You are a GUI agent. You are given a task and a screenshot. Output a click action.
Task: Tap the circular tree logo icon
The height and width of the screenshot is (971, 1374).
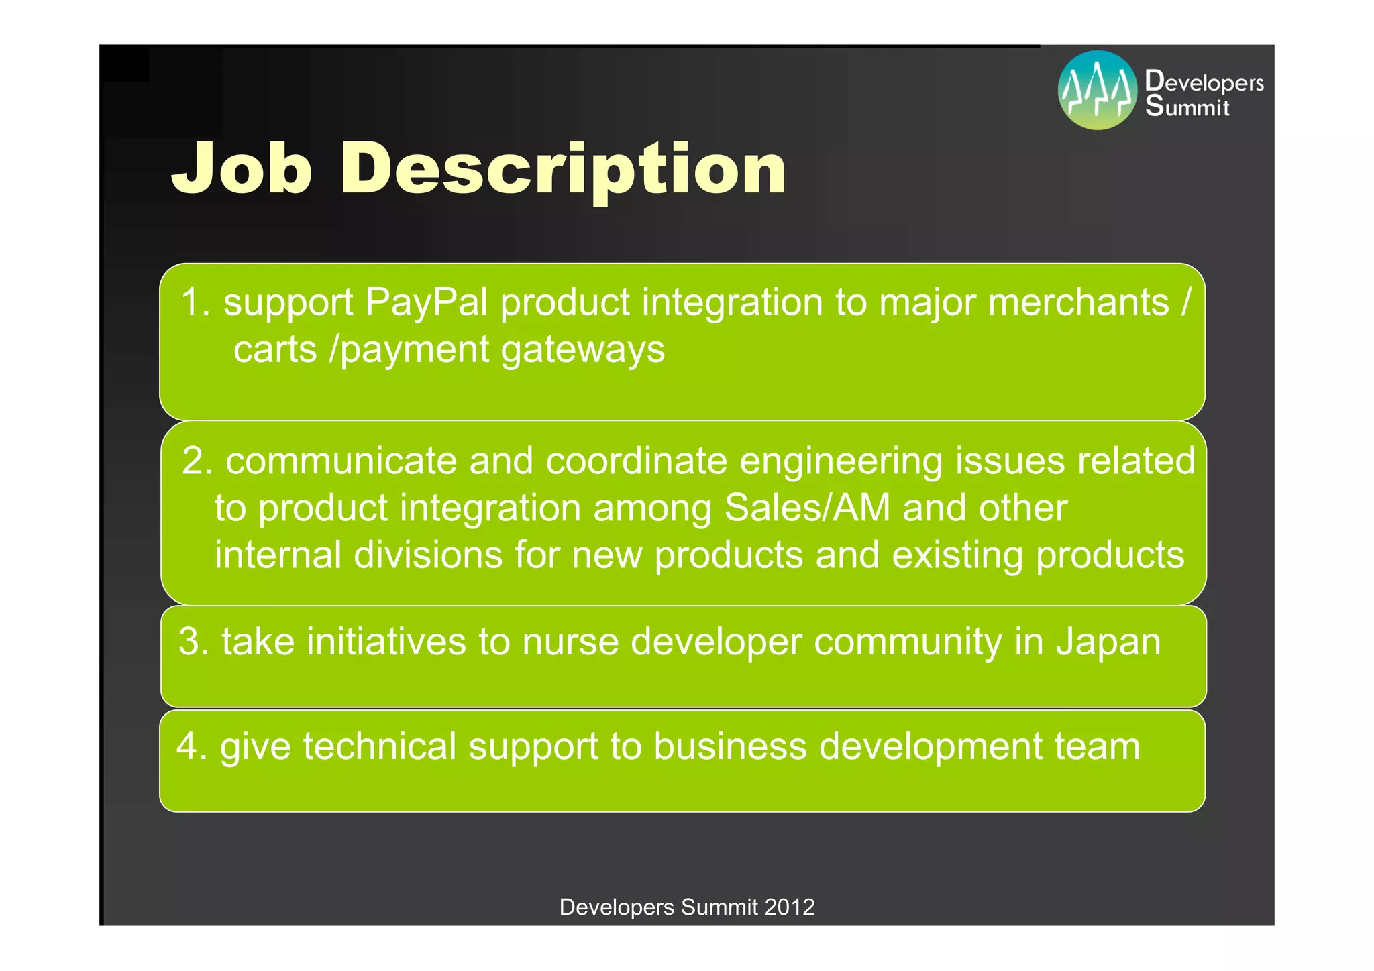coord(1098,91)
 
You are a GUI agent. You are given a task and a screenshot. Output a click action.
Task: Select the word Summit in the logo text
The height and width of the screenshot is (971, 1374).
coord(1187,107)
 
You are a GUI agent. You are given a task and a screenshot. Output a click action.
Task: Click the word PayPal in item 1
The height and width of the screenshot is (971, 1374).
coord(426,302)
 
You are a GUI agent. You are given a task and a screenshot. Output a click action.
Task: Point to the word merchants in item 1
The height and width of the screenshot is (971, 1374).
coord(1079,302)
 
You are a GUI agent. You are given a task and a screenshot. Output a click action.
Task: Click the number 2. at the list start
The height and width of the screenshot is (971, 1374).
coord(197,461)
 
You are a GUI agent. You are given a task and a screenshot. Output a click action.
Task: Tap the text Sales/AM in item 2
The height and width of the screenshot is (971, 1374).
coord(807,508)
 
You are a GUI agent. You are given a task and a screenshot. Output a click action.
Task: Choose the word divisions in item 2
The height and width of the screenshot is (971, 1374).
coord(428,555)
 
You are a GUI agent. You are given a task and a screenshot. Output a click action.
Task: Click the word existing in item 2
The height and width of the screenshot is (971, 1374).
coord(957,555)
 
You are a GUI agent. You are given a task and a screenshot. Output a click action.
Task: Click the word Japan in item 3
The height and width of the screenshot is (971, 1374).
coord(1108,642)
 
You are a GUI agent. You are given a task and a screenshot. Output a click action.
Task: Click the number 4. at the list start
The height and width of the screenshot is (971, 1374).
coord(192,746)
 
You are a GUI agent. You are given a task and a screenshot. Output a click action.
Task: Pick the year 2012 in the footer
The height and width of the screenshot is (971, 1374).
coord(789,907)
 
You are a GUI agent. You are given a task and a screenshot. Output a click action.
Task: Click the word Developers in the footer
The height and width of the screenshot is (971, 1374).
coord(617,907)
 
